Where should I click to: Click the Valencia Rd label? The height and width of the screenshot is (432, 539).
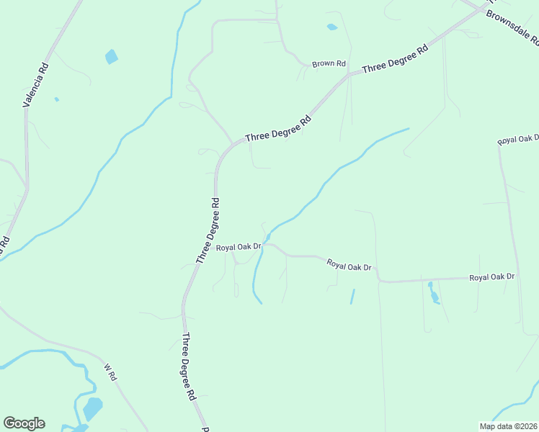pyautogui.click(x=35, y=84)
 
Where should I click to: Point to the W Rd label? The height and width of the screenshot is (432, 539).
pyautogui.click(x=110, y=372)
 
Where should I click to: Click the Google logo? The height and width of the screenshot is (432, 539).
pyautogui.click(x=24, y=423)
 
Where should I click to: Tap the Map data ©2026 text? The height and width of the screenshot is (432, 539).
pyautogui.click(x=507, y=426)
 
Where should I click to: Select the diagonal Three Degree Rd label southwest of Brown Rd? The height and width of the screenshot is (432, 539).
pyautogui.click(x=278, y=127)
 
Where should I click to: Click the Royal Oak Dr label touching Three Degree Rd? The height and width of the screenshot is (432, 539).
pyautogui.click(x=237, y=248)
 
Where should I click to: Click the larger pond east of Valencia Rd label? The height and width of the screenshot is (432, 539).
pyautogui.click(x=111, y=56)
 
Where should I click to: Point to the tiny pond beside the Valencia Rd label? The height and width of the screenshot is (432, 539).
pyautogui.click(x=56, y=99)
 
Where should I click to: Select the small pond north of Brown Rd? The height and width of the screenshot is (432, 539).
pyautogui.click(x=331, y=27)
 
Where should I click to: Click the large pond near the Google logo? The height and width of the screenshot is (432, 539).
pyautogui.click(x=92, y=409)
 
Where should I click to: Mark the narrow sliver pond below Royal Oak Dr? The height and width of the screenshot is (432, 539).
pyautogui.click(x=352, y=296)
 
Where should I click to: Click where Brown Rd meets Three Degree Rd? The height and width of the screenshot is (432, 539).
pyautogui.click(x=349, y=73)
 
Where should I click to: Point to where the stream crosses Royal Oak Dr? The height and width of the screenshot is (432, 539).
pyautogui.click(x=265, y=243)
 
